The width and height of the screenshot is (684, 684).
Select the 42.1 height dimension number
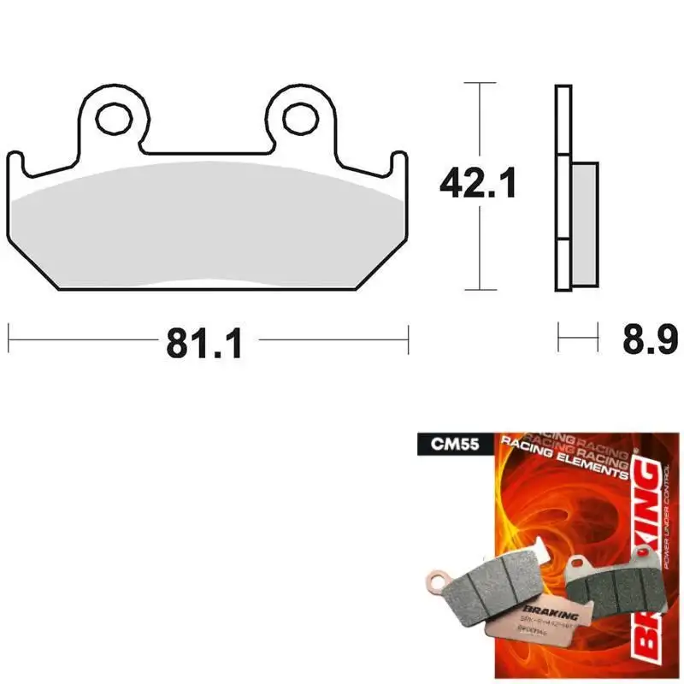click(x=478, y=184)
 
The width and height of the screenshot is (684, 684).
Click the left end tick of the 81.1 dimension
click(x=9, y=339)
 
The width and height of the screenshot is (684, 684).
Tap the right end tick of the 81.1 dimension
click(x=409, y=339)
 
